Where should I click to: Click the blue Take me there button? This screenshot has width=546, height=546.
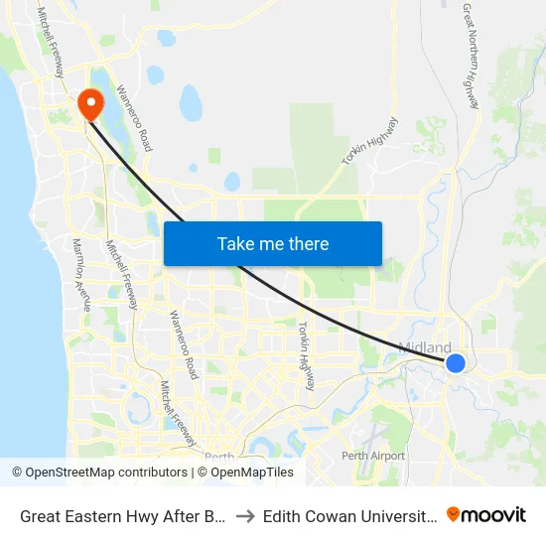(x=273, y=243)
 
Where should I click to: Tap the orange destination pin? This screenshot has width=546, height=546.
(x=89, y=103)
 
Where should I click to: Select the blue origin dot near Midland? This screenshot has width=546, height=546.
(x=456, y=363)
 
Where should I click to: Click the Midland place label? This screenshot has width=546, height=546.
(x=425, y=347)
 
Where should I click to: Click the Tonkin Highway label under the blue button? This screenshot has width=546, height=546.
(x=307, y=355)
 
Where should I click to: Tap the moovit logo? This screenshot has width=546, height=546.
(x=486, y=514)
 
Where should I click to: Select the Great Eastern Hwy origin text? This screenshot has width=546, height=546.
(x=118, y=515)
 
